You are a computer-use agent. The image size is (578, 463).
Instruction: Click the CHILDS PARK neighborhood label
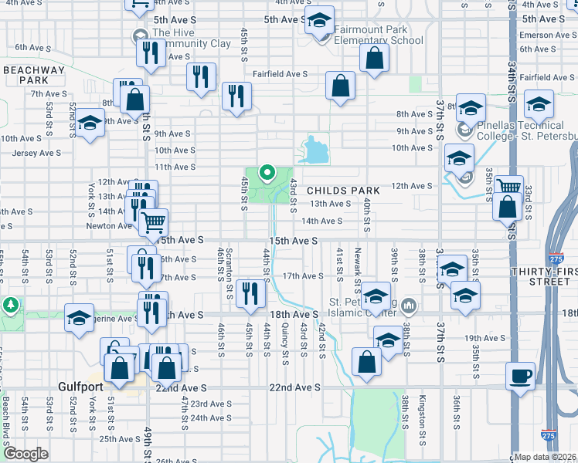tap(343, 191)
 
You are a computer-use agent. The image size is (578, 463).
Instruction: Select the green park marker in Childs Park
tap(267, 172)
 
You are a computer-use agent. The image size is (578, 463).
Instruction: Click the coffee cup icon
tap(519, 376)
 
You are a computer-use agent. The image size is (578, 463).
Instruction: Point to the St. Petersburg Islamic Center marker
tap(409, 306)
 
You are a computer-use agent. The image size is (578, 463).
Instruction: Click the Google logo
tap(25, 454)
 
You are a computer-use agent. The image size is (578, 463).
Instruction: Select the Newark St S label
tap(358, 267)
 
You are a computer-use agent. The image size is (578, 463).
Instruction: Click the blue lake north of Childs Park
tap(313, 150)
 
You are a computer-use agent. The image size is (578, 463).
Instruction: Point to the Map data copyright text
tap(546, 457)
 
